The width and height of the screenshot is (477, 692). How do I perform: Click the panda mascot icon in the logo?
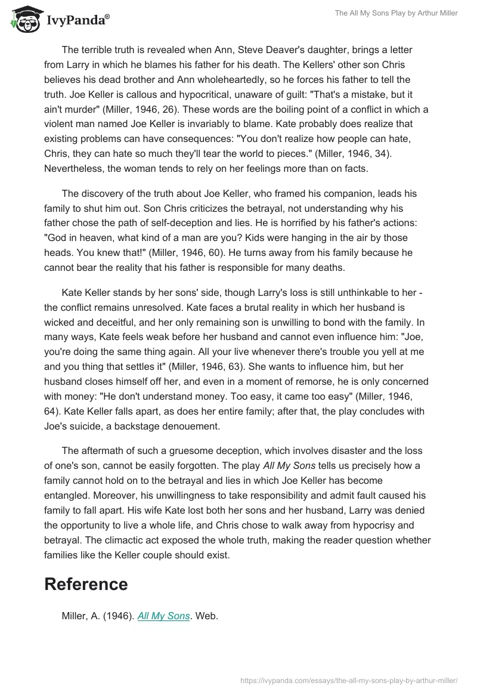(x=24, y=19)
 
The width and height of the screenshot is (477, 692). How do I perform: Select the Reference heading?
(x=86, y=584)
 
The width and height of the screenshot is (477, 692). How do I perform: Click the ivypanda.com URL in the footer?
(x=349, y=680)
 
